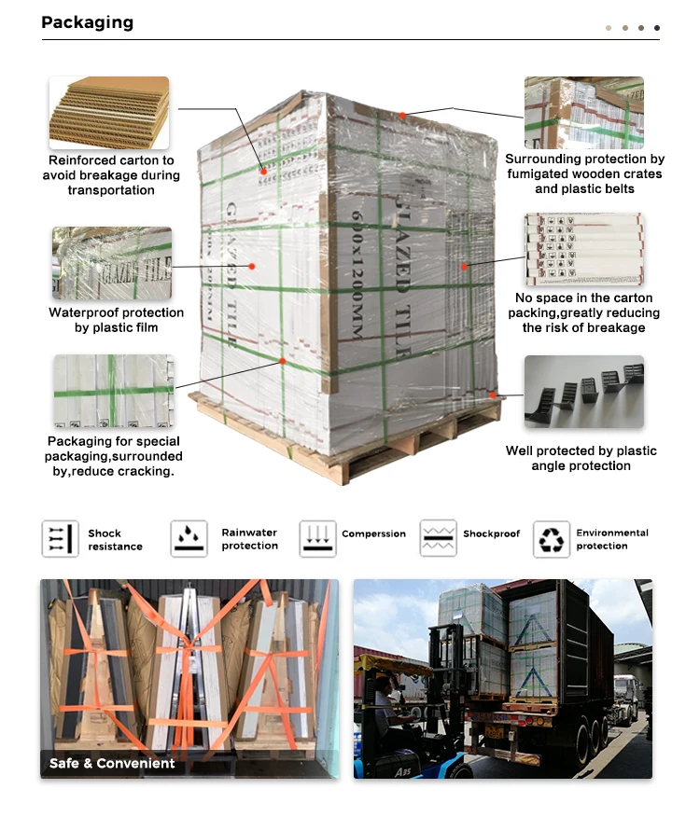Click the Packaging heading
pyautogui.click(x=87, y=22)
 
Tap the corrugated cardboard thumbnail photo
pyautogui.click(x=109, y=113)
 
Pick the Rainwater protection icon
pyautogui.click(x=189, y=539)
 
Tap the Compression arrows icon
pyautogui.click(x=317, y=539)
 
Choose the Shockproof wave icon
pyautogui.click(x=439, y=538)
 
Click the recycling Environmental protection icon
pyautogui.click(x=552, y=539)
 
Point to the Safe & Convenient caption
pyautogui.click(x=112, y=763)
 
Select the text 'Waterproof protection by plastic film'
pyautogui.click(x=116, y=320)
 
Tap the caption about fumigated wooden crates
pyautogui.click(x=584, y=174)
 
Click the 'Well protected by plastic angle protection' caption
pyautogui.click(x=581, y=458)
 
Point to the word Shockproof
pyautogui.click(x=492, y=534)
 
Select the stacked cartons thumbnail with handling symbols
pyautogui.click(x=583, y=249)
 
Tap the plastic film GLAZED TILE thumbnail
pyautogui.click(x=112, y=262)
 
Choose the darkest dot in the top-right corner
pyautogui.click(x=656, y=28)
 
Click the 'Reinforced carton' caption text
pyautogui.click(x=111, y=175)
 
